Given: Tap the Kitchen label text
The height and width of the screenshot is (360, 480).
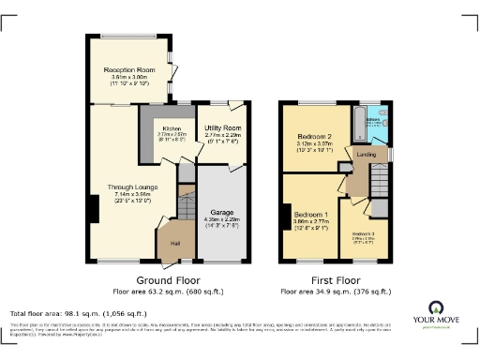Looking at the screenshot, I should point(172,128).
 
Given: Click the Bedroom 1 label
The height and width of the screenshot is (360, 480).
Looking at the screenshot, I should point(308,215).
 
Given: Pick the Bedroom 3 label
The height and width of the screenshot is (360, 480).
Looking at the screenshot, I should point(362,232).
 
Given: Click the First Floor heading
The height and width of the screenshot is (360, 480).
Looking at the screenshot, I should point(336,279).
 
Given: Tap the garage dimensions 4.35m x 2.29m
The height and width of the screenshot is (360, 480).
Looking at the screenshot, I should point(221,222).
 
